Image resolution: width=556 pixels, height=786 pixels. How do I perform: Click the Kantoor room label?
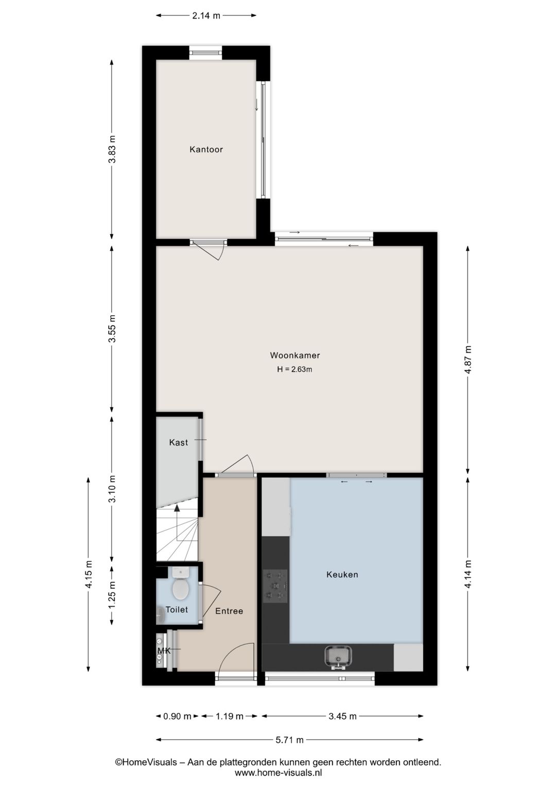pyautogui.click(x=206, y=149)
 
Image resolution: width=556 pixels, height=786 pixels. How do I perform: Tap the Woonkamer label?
pyautogui.click(x=295, y=355)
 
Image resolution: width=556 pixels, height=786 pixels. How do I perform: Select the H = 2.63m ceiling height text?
pyautogui.click(x=295, y=369)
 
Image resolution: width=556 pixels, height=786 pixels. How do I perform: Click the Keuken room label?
pyautogui.click(x=342, y=574)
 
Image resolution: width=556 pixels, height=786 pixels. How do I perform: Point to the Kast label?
pyautogui.click(x=179, y=442)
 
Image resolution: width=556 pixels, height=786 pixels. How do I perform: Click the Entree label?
pyautogui.click(x=229, y=611)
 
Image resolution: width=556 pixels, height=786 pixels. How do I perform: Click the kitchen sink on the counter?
pyautogui.click(x=338, y=656)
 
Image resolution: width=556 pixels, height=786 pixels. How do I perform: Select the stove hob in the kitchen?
pyautogui.click(x=275, y=586)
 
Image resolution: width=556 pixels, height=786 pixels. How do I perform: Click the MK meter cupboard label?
pyautogui.click(x=164, y=651)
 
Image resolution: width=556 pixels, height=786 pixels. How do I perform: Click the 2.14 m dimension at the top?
pyautogui.click(x=206, y=15)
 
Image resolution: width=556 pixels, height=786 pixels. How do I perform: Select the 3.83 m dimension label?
pyautogui.click(x=112, y=149)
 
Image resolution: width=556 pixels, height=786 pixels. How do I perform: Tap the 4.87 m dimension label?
pyautogui.click(x=467, y=360)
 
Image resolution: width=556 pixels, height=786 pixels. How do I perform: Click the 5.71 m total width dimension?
pyautogui.click(x=289, y=740)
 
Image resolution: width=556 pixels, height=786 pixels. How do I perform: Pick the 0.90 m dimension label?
pyautogui.click(x=177, y=716)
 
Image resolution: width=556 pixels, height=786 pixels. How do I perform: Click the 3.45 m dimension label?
pyautogui.click(x=342, y=716)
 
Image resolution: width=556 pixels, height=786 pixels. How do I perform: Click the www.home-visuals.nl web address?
pyautogui.click(x=278, y=773)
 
